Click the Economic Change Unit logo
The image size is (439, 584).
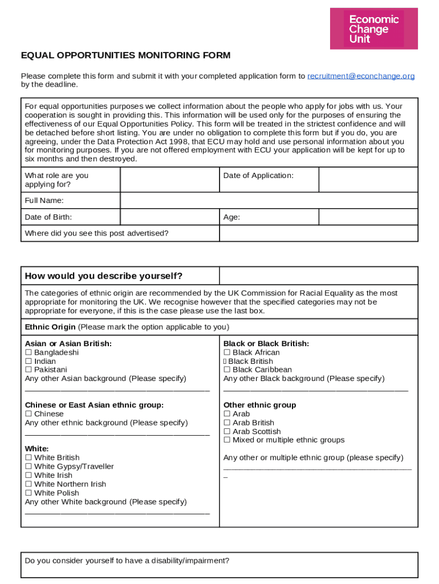click(x=373, y=29)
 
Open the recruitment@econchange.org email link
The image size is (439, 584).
click(x=361, y=76)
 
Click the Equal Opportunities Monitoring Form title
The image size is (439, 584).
click(x=125, y=55)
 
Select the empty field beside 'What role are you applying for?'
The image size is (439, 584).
click(x=169, y=180)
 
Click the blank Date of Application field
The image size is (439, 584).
click(x=368, y=180)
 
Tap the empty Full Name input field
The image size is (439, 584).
click(x=269, y=201)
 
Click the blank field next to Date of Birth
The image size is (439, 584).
click(x=169, y=217)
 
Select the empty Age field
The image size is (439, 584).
click(x=368, y=217)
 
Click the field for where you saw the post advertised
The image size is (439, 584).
click(x=318, y=233)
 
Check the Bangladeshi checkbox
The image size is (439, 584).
click(x=29, y=352)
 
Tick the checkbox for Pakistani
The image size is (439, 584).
click(x=29, y=370)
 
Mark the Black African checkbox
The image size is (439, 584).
click(x=227, y=352)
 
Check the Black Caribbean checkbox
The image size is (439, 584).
click(x=227, y=370)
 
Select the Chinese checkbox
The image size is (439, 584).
click(x=29, y=414)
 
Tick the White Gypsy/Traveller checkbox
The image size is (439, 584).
click(x=29, y=467)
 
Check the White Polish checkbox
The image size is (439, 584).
click(x=29, y=493)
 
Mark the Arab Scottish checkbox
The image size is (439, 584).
click(x=227, y=432)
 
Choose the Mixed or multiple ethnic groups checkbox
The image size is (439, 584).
click(x=227, y=440)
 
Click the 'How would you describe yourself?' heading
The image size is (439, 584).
click(x=104, y=276)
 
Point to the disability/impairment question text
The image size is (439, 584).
click(x=127, y=561)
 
